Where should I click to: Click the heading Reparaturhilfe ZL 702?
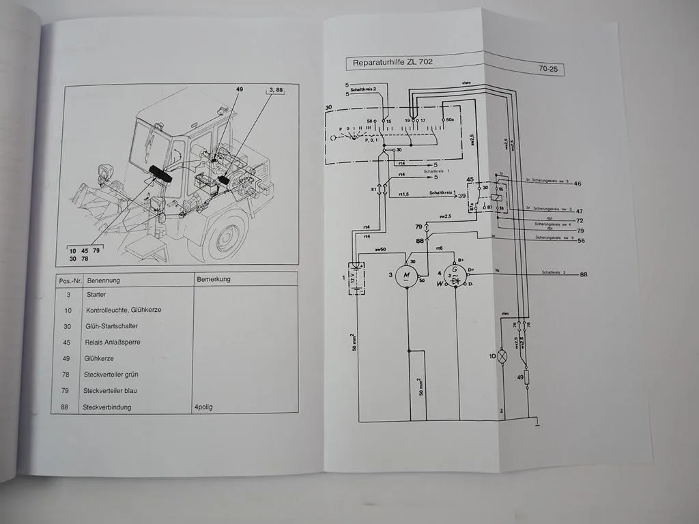coord(393,63)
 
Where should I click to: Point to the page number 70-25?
coord(550,68)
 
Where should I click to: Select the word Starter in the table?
coord(96,294)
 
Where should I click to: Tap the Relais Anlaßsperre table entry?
coord(113,342)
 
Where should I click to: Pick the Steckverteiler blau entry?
coord(111,391)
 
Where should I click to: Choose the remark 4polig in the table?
coord(207,407)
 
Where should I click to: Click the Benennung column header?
coord(103,280)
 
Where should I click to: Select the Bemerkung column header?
coord(214,279)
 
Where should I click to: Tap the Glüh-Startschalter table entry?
coord(112,326)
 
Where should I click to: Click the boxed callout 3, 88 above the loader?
coord(276,91)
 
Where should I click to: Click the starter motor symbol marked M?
coord(408,276)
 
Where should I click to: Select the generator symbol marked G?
coord(455,275)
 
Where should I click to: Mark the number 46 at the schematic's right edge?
coord(577,184)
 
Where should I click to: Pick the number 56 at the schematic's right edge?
coord(582,241)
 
